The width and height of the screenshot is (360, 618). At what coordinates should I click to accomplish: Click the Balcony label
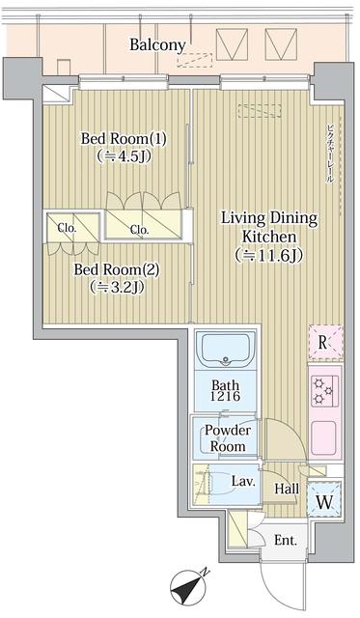(x=158, y=44)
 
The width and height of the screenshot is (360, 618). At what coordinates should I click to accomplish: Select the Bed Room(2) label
(x=118, y=269)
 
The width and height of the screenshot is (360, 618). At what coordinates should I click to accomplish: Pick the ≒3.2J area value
(x=118, y=287)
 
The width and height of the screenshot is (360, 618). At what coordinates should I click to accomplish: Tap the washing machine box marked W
(x=322, y=502)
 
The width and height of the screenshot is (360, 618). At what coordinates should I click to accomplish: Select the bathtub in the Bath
(x=225, y=350)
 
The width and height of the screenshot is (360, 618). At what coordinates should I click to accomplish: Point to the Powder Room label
(x=228, y=438)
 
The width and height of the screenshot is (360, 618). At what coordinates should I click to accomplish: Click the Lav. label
(x=242, y=481)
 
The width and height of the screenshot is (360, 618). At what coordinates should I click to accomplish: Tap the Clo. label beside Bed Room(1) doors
(x=139, y=230)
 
